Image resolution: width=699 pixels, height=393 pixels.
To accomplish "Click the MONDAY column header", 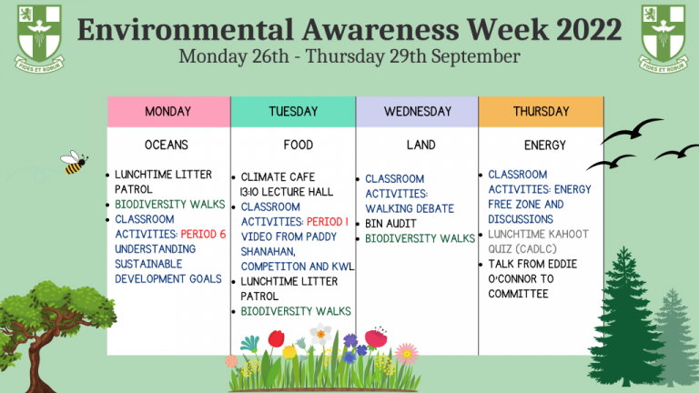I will tap(168, 112).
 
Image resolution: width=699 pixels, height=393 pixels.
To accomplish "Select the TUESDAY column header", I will tap(293, 112).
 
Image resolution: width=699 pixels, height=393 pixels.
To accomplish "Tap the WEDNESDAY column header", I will tap(418, 112).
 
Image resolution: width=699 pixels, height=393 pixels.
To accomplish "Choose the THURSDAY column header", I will tap(541, 112).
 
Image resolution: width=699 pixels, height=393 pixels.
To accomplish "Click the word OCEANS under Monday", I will tap(167, 145).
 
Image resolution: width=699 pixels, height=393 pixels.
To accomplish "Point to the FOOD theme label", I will tap(298, 145).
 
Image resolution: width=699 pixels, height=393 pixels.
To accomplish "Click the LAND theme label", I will tap(420, 145).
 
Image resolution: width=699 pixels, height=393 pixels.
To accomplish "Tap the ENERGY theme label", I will tap(544, 145).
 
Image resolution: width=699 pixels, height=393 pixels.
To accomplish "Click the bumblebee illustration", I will tap(74, 162).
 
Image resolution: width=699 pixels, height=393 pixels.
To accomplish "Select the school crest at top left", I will tap(38, 36).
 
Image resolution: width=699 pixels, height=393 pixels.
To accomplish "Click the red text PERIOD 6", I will tap(203, 235).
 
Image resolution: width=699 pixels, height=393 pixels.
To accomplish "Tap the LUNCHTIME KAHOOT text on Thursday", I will tap(538, 235).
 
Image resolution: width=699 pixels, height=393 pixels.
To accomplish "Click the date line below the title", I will tap(349, 56).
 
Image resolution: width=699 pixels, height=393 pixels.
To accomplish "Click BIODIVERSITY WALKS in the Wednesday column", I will tap(420, 239).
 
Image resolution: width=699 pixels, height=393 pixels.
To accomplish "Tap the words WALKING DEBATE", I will tap(410, 208).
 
